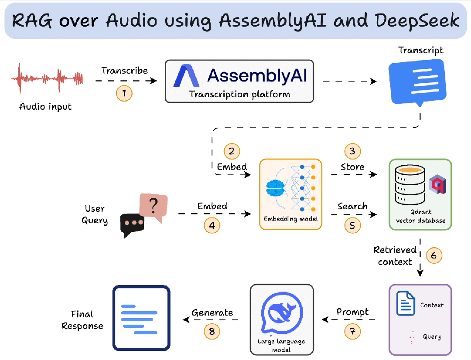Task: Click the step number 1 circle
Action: coord(124,93)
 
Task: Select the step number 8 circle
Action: coord(212,331)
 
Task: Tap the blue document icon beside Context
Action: coord(406,304)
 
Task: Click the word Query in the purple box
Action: coord(431,337)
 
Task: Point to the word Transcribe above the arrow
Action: coord(124,71)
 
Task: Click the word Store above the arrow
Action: coord(352,167)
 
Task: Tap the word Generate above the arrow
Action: coord(212,312)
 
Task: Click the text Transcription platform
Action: coord(239,94)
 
